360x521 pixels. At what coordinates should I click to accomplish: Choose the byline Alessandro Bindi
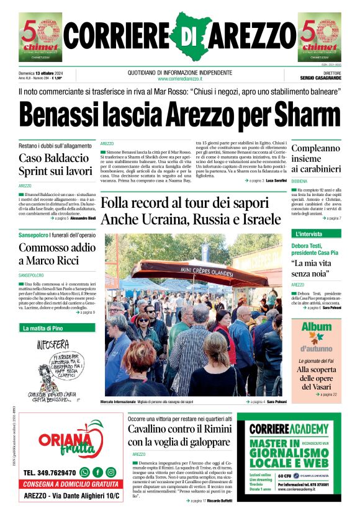83,218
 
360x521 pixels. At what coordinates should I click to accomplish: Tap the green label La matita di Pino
45,327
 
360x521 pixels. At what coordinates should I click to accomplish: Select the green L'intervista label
309,234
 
